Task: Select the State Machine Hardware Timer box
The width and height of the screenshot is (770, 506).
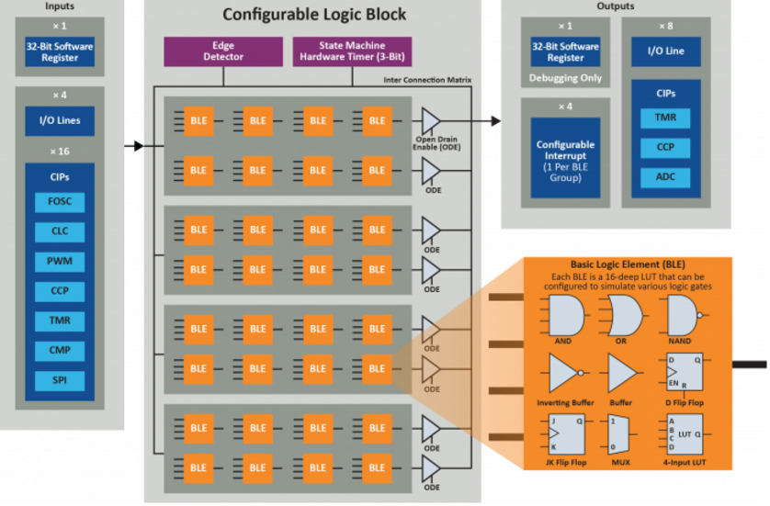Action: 351,51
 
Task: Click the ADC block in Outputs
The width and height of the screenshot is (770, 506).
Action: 666,176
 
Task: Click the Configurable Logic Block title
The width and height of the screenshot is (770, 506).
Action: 311,16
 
